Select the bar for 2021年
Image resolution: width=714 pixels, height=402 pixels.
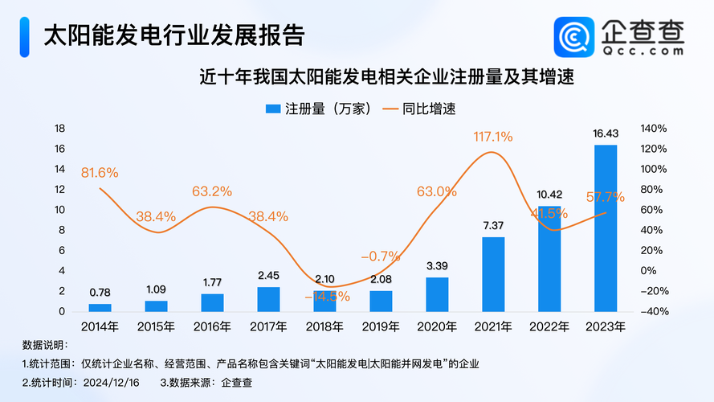493,274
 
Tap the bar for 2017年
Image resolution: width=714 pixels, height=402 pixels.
268,299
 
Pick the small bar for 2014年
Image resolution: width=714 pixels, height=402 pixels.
100,307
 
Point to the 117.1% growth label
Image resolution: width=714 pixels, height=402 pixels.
493,137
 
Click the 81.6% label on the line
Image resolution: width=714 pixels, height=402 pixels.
100,172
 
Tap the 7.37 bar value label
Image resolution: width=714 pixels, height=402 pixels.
493,226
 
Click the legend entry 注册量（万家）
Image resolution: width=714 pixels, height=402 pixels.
320,108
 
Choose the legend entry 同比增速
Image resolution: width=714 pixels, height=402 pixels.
426,108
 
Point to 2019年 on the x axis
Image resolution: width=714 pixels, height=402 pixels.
381,326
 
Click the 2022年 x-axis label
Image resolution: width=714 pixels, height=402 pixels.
549,326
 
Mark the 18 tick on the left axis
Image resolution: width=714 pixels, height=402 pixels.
59,129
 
